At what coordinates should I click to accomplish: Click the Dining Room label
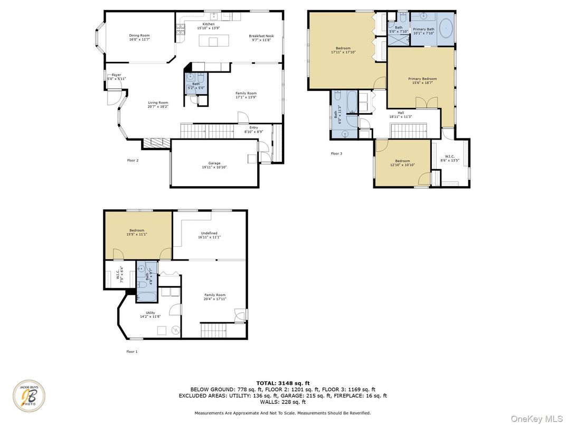pos(139,35)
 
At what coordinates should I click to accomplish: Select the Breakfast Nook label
pos(261,36)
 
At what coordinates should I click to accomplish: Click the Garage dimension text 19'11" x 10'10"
pos(214,167)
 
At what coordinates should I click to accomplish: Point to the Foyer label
pos(116,75)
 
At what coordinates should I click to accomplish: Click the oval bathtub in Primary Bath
pos(447,27)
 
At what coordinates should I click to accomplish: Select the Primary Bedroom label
pos(422,79)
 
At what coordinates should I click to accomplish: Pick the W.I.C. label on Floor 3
pos(450,156)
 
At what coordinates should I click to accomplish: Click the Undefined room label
pos(209,233)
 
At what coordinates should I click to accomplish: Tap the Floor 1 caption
pos(131,351)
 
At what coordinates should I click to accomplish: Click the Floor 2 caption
pos(133,160)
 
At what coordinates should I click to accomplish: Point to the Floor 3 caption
pos(336,154)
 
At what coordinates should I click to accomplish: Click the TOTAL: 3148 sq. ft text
pos(282,383)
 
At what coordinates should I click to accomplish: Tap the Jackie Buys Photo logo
pos(29,396)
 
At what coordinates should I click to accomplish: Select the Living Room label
pos(158,104)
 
